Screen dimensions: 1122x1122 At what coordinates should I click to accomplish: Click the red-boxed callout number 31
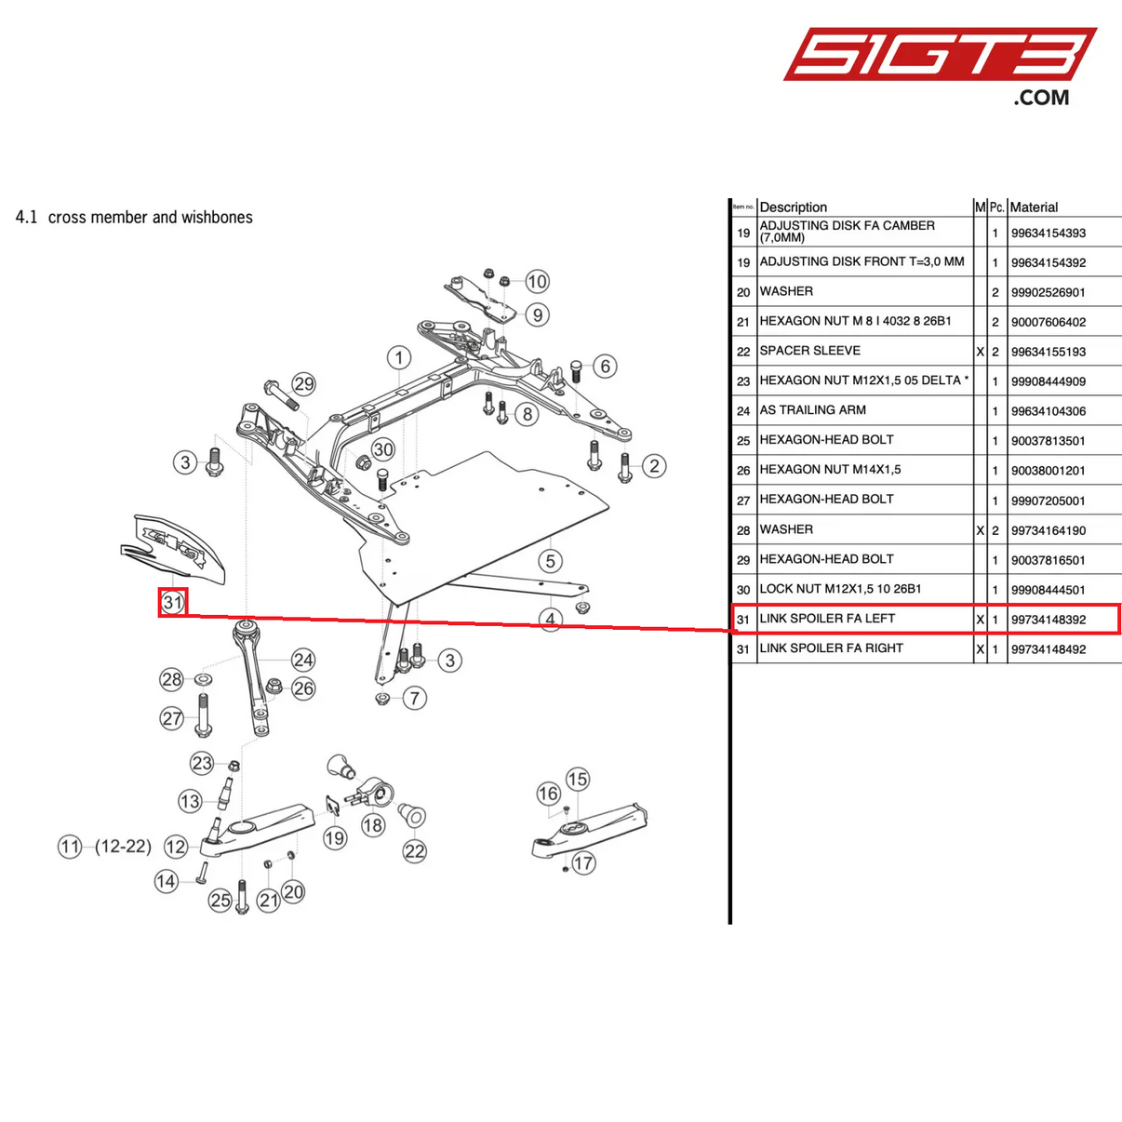173,602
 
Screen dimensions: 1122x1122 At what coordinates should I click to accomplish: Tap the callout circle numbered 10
537,281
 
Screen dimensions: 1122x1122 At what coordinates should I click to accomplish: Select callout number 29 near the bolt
303,383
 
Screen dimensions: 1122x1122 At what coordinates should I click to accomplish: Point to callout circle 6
605,366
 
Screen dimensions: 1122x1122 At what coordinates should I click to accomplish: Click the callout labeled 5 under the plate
551,560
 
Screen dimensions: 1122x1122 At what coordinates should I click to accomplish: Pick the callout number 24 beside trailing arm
303,660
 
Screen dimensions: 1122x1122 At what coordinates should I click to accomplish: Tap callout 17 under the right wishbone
583,862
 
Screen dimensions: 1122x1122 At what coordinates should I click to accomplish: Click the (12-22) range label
123,847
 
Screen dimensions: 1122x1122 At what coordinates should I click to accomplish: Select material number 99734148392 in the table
1049,620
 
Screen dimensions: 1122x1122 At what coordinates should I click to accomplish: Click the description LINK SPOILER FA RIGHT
831,648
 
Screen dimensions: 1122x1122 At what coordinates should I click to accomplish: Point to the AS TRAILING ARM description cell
812,410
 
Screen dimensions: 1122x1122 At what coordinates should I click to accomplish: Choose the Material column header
1034,207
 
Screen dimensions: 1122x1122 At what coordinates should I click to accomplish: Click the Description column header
793,207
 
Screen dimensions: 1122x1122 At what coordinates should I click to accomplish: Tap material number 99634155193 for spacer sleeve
1049,352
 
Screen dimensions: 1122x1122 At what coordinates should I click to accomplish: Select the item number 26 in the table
742,471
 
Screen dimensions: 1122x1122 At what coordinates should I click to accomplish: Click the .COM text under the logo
1041,98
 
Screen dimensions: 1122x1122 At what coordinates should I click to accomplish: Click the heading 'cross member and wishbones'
150,217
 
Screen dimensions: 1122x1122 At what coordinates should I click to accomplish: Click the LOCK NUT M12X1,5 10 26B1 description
840,589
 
